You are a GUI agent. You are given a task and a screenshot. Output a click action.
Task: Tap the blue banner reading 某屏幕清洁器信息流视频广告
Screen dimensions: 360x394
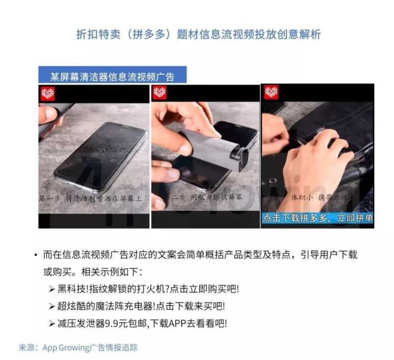(x=112, y=76)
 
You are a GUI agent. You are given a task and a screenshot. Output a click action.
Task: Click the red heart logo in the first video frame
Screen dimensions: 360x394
(x=48, y=93)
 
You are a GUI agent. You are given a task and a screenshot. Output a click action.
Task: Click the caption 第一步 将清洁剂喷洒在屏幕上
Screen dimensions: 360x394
(x=91, y=198)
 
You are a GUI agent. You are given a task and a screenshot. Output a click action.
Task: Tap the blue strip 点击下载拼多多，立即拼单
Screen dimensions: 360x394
(x=317, y=218)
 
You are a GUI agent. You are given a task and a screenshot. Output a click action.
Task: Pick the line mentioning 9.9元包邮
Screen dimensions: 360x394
(x=142, y=323)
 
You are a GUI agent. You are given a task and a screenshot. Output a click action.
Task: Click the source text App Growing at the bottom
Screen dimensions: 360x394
(x=90, y=347)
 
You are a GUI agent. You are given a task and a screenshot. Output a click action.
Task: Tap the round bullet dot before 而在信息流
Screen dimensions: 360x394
(x=36, y=255)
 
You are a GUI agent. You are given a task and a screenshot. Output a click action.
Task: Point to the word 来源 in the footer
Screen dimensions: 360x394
(x=27, y=347)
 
